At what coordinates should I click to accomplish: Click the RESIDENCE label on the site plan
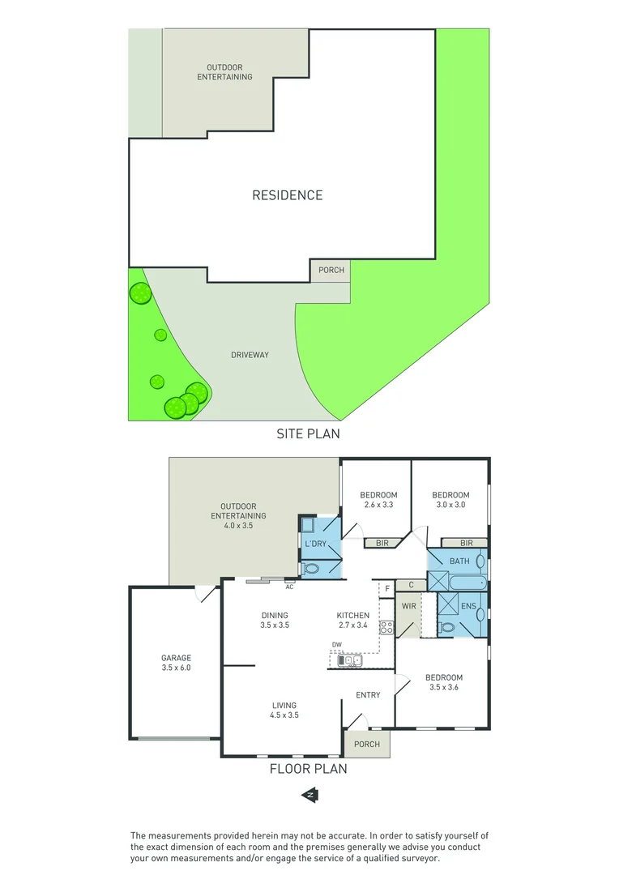tap(287, 195)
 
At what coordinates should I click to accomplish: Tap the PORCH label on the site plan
tap(331, 270)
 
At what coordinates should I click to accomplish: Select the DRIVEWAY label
tap(249, 355)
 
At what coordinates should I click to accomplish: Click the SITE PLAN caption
tap(308, 433)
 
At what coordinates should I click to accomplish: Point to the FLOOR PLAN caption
tap(308, 768)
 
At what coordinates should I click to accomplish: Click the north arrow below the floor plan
tap(309, 796)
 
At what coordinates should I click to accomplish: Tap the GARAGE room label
tap(176, 658)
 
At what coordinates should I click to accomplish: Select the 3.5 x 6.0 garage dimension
tap(176, 668)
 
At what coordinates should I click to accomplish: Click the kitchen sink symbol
tap(350, 660)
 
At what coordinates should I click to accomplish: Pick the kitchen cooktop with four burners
tap(386, 627)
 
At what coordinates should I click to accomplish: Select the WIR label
tap(408, 604)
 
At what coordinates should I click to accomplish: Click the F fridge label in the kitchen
tap(388, 587)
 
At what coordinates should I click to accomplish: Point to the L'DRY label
tap(314, 544)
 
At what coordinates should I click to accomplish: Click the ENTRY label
tap(368, 695)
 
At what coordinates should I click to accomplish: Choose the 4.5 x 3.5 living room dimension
tap(284, 715)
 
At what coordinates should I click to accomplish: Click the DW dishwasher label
tap(336, 645)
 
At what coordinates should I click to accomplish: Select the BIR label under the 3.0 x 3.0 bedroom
tap(466, 543)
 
